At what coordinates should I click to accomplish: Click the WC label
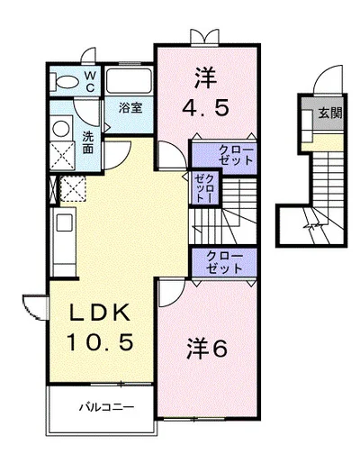coord(90,81)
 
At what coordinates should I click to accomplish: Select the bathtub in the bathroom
coord(129,81)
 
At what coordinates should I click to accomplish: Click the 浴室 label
coord(130,108)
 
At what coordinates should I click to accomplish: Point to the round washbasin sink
coord(61,129)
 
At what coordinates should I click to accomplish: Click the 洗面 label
coord(88,142)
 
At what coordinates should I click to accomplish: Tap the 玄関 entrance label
coord(330,113)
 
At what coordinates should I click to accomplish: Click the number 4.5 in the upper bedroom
coord(205,108)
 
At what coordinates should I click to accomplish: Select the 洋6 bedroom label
coord(206,349)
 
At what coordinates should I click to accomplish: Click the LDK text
coord(100,313)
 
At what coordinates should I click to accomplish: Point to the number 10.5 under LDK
coord(100,342)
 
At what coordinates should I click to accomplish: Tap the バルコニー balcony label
coord(106,407)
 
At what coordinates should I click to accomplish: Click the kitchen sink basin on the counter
coord(65,222)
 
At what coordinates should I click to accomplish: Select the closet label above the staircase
coord(236,155)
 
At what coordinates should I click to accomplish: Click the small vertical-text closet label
coord(203,188)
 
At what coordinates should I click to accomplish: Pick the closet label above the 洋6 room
coord(224,262)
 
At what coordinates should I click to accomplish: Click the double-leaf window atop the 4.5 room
coord(205,38)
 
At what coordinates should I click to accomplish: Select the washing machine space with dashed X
coord(73,189)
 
